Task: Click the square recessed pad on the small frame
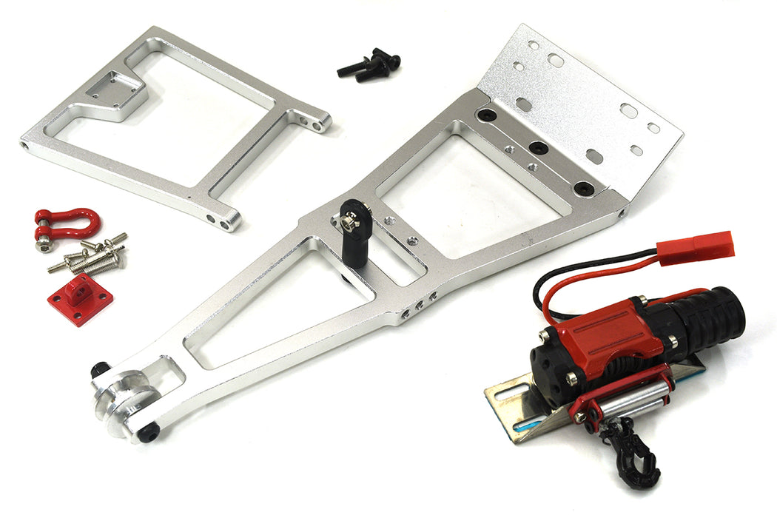click(112, 90)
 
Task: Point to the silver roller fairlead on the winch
click(633, 400)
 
